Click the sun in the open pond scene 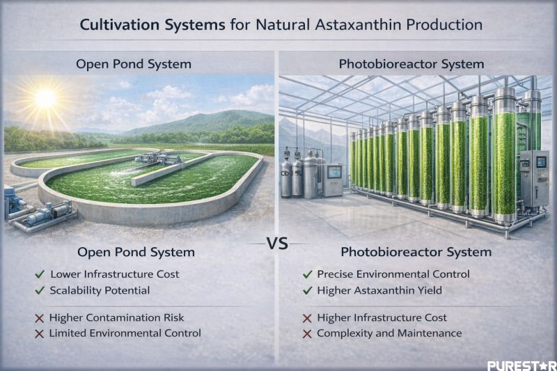[x=46, y=99]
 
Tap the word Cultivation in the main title [x=118, y=24]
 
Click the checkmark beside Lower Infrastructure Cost [x=40, y=274]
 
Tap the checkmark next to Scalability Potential [x=40, y=290]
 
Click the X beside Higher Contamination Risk [x=40, y=317]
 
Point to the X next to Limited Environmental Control [x=40, y=333]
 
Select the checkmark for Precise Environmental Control [x=307, y=274]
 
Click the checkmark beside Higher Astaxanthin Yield [x=307, y=290]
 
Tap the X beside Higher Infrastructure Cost [x=307, y=317]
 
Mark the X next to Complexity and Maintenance [x=307, y=333]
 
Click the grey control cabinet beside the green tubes [x=534, y=177]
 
